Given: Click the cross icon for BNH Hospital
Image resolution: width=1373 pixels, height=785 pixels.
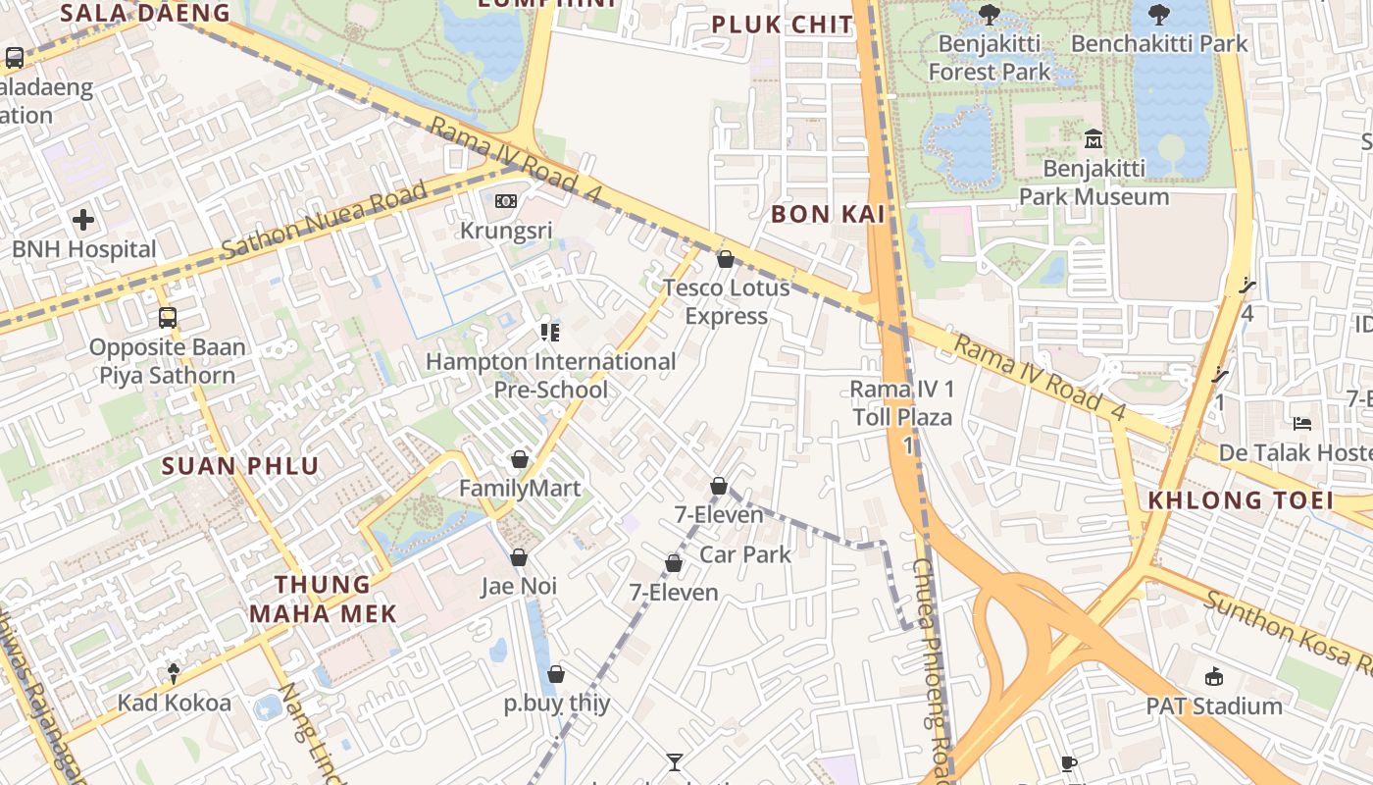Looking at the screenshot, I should tap(83, 219).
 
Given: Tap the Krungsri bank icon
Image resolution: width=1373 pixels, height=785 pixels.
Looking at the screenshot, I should tap(506, 201).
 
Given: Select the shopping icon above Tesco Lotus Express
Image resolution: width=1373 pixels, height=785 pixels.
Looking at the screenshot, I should tap(726, 259).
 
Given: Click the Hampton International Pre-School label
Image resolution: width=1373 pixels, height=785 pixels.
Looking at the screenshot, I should tap(550, 376).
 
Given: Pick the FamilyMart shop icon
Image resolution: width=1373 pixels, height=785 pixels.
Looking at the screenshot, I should tap(520, 459).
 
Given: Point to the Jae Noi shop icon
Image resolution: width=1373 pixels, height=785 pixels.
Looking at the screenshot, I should tap(519, 557).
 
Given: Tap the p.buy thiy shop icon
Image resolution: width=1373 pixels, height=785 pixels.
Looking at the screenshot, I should tap(556, 674).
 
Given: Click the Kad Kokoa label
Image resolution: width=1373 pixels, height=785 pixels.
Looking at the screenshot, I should tap(175, 703).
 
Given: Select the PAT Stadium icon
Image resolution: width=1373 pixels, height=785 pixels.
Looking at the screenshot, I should tap(1214, 676).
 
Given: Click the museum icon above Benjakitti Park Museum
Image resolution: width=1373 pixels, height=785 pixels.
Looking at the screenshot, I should tap(1093, 139).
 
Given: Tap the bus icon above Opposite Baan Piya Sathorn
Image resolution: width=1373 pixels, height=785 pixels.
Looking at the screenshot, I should tap(168, 318).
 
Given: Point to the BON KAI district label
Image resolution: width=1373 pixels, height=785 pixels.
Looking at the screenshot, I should tap(828, 214).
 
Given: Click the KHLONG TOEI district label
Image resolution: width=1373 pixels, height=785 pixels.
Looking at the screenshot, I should tap(1241, 500).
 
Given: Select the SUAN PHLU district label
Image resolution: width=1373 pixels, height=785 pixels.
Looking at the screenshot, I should tap(240, 466).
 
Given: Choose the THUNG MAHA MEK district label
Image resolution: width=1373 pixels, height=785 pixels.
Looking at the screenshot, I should tap(323, 599).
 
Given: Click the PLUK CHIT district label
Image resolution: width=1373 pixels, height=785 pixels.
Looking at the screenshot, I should tap(783, 26).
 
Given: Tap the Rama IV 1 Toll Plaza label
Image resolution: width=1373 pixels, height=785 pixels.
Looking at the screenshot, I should tap(902, 403).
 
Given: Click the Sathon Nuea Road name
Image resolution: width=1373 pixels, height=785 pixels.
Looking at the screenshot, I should tap(325, 220).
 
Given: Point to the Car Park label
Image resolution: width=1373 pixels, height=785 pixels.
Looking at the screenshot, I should tap(745, 554).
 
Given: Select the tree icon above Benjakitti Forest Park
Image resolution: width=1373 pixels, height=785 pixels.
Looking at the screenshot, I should tap(989, 15).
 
